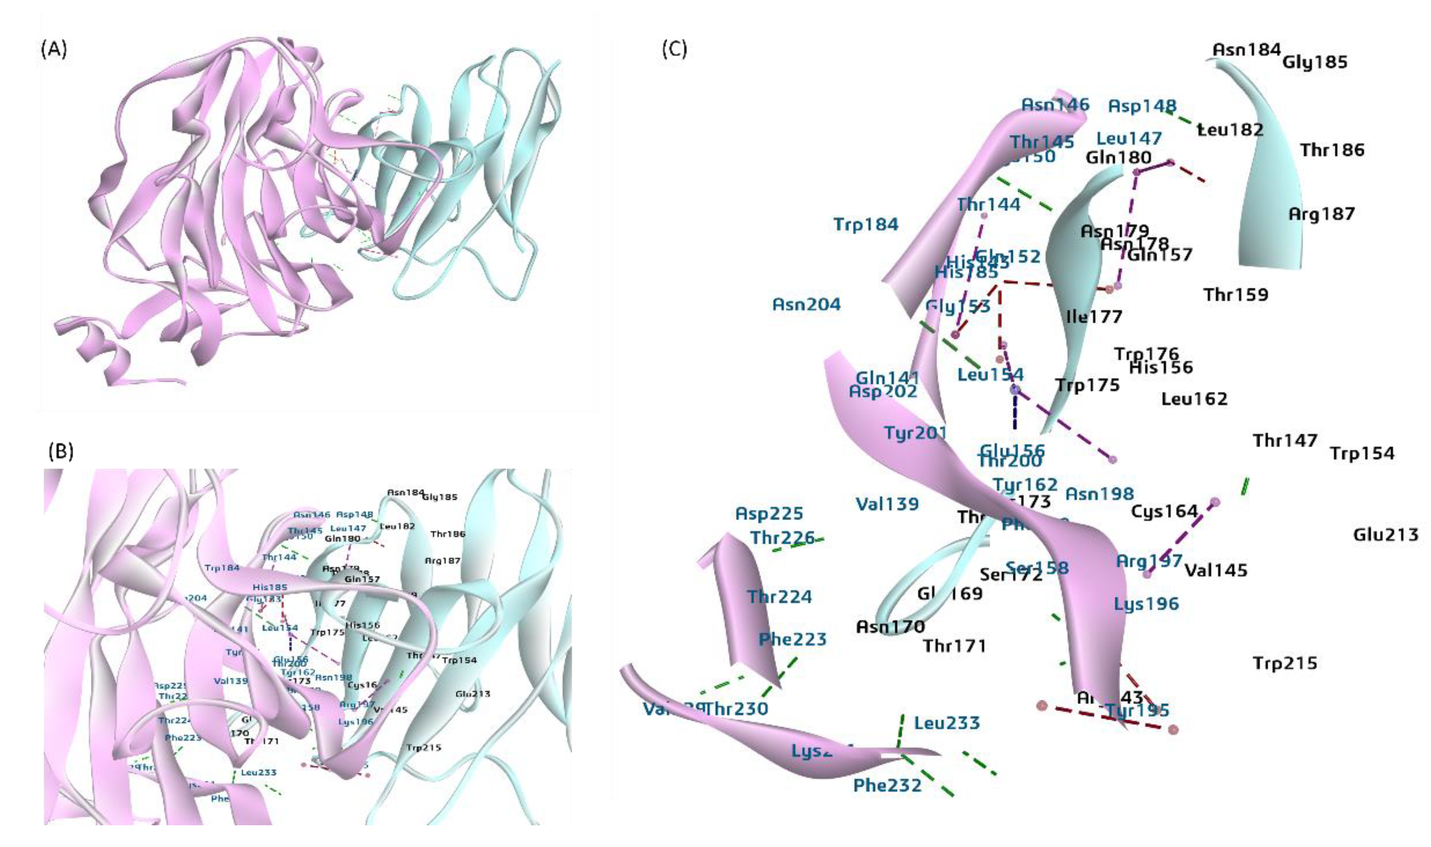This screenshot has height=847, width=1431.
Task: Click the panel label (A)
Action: pyautogui.click(x=54, y=50)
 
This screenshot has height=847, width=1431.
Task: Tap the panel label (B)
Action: pyautogui.click(x=60, y=452)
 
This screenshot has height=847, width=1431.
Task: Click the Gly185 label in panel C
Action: pyautogui.click(x=1314, y=62)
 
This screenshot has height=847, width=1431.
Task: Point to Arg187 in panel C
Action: pyautogui.click(x=1322, y=215)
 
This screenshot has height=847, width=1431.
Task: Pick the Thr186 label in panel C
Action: pyautogui.click(x=1332, y=150)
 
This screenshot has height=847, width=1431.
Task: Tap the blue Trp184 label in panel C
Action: pyautogui.click(x=866, y=224)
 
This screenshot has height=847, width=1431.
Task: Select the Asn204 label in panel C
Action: pyautogui.click(x=806, y=304)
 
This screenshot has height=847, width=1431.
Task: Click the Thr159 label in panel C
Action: pyautogui.click(x=1236, y=295)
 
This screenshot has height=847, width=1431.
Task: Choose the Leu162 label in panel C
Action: pyautogui.click(x=1194, y=399)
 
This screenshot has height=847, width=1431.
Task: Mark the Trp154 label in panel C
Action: pyautogui.click(x=1362, y=454)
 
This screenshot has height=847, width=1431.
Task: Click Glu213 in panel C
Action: pyautogui.click(x=1385, y=535)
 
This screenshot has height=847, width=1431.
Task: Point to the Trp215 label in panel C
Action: pyautogui.click(x=1285, y=663)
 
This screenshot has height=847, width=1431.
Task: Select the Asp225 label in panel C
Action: pyautogui.click(x=769, y=513)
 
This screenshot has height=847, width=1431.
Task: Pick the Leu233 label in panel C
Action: pyautogui.click(x=947, y=723)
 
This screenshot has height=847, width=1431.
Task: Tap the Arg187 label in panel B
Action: pyautogui.click(x=443, y=561)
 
